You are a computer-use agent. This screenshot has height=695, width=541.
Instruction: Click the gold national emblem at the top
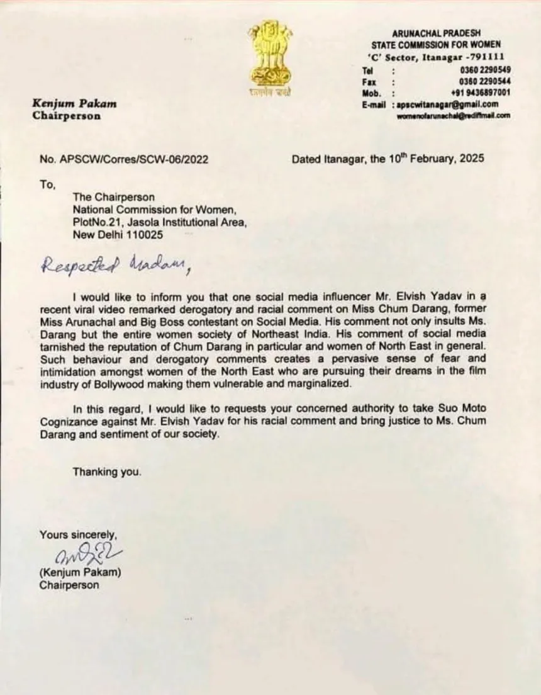(x=269, y=57)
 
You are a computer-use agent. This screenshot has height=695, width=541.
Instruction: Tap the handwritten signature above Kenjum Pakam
(x=88, y=555)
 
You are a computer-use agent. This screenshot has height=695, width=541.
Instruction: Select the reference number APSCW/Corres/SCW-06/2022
(x=133, y=159)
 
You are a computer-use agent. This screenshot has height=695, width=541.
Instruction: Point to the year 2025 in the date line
(x=472, y=159)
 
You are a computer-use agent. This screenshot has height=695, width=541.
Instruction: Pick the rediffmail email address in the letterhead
(x=453, y=116)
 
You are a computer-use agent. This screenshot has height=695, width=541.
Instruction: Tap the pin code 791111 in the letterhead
(x=485, y=57)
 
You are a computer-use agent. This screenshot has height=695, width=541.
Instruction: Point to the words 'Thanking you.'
(x=107, y=472)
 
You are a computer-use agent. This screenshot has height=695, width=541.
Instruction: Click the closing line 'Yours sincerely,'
(x=79, y=535)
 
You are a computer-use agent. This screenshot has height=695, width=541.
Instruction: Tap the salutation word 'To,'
(x=48, y=184)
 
